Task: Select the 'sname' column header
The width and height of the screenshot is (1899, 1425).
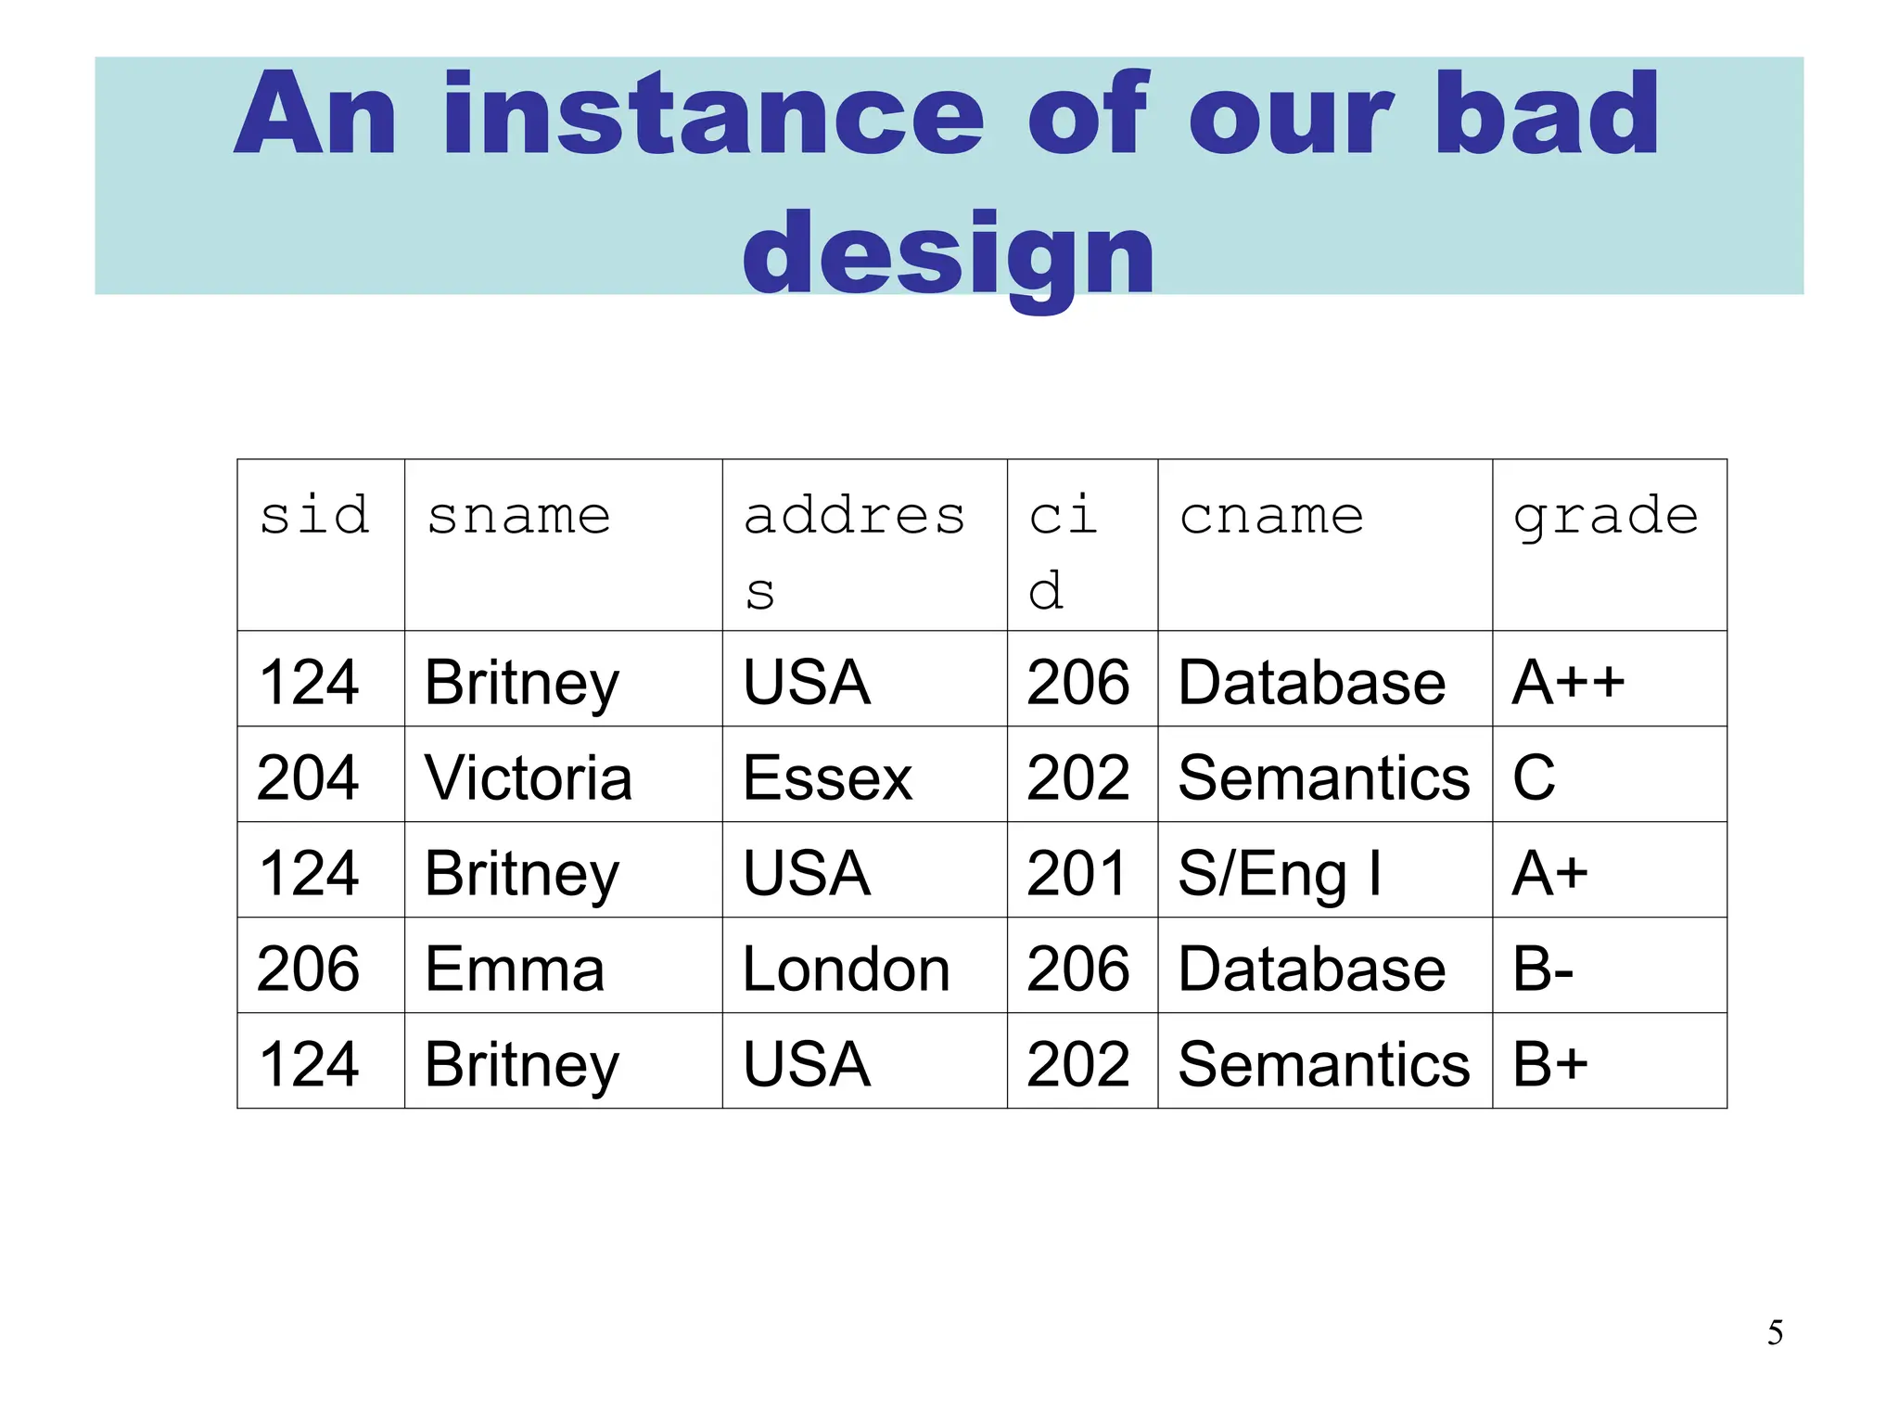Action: (518, 516)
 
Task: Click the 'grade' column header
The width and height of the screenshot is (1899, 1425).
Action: (1605, 518)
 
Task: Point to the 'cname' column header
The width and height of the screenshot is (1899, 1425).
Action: (1271, 516)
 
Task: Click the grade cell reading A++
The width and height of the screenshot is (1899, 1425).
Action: (1568, 682)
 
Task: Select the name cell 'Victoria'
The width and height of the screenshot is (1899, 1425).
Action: (528, 777)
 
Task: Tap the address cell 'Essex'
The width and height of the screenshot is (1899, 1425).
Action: (827, 777)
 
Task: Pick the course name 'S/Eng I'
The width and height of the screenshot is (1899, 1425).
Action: (1279, 874)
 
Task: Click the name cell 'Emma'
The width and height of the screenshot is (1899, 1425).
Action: (515, 969)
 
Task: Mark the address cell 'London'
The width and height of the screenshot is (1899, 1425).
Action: (846, 969)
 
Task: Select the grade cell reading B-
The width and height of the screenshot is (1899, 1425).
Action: (1542, 969)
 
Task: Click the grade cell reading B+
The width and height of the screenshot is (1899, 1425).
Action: (1549, 1064)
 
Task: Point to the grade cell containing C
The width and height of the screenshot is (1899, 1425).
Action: (1534, 777)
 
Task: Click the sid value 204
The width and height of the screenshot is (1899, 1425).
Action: (308, 777)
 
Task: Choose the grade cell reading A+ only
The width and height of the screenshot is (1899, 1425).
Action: (1549, 873)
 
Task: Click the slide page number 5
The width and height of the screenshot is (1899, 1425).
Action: (1775, 1332)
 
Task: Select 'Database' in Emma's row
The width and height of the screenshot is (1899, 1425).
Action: (1311, 969)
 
